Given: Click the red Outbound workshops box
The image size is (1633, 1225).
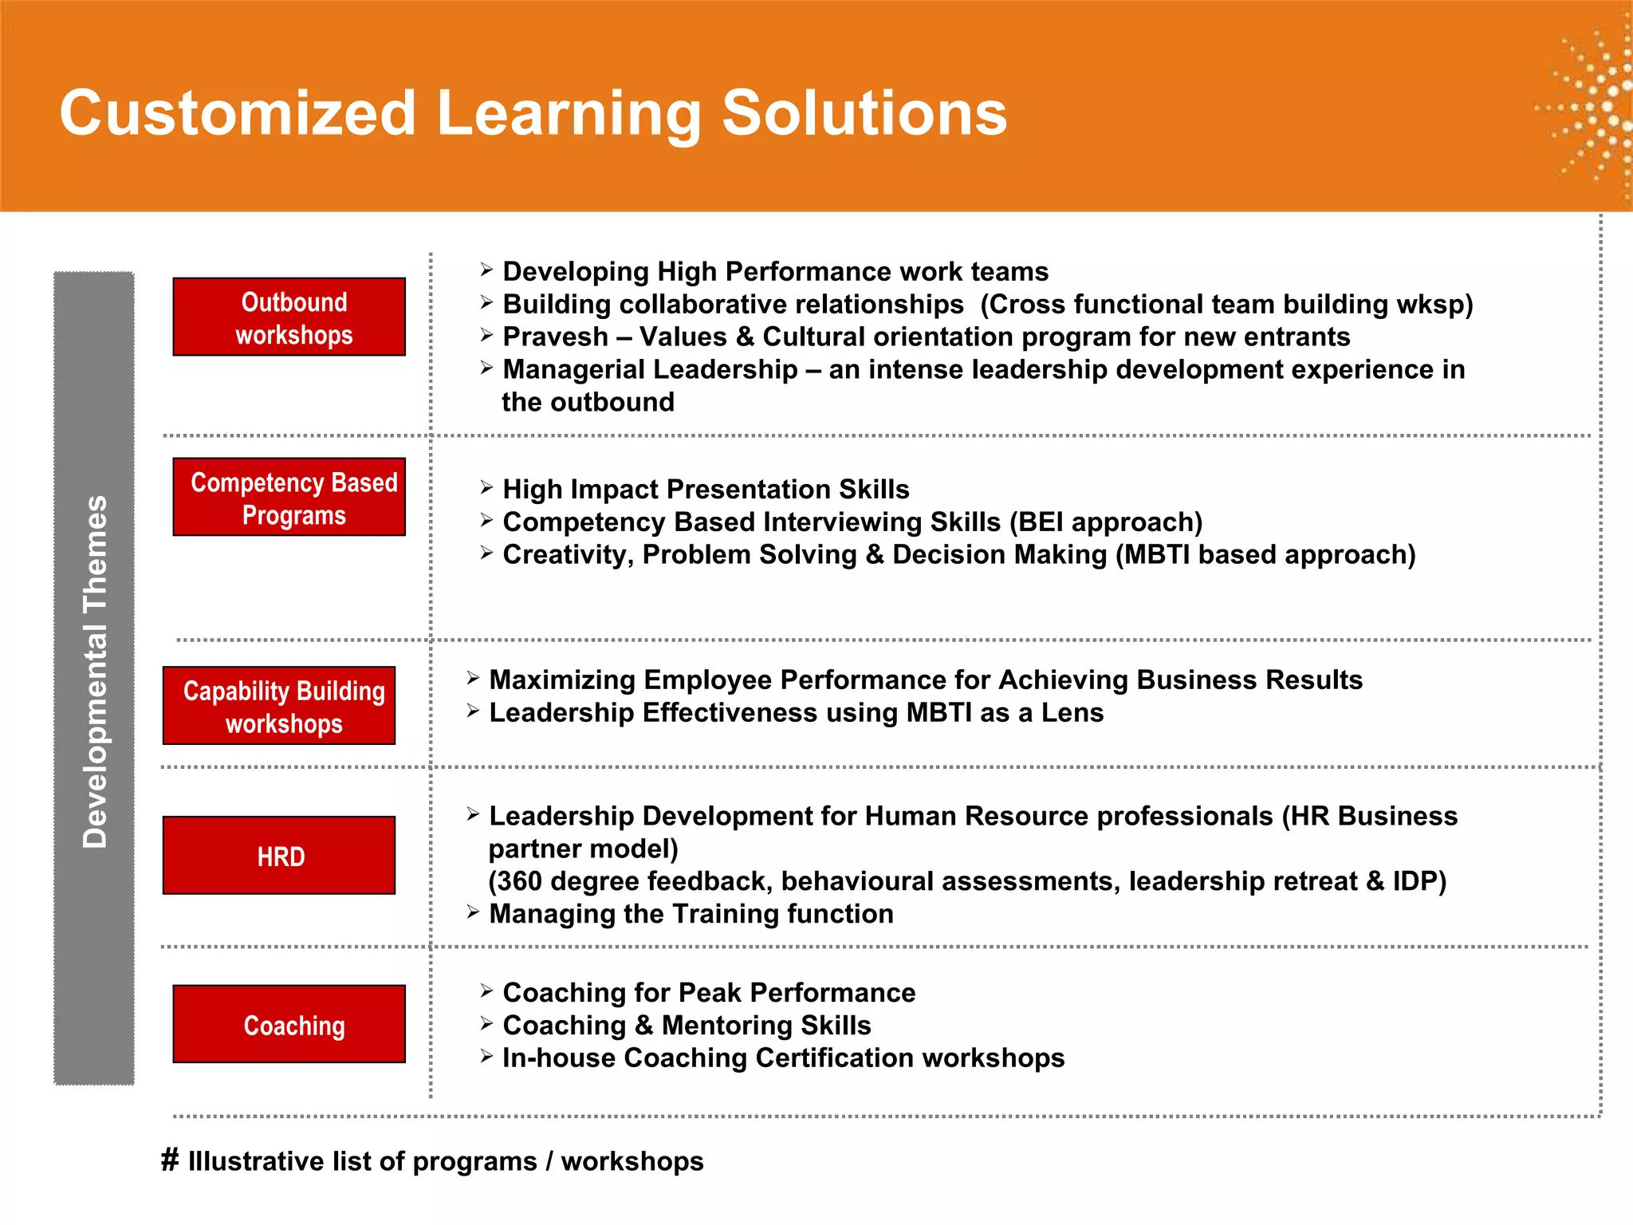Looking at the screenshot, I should tap(289, 317).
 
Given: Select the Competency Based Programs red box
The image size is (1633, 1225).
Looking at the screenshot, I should tap(289, 497).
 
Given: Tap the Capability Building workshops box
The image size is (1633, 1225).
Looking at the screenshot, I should tap(279, 706).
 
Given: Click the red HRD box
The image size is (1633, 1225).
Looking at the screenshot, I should tap(279, 855).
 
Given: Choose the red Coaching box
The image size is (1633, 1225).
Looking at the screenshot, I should tap(289, 1024).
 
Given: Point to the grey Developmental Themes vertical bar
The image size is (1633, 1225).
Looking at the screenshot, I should tap(94, 678).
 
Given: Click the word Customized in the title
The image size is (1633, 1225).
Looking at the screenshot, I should tap(238, 113).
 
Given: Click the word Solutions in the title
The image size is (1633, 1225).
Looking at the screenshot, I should tap(864, 113).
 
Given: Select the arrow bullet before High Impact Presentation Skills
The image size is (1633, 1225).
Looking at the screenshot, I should tap(486, 487).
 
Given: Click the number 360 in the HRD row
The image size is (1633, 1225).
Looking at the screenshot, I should tap(519, 881).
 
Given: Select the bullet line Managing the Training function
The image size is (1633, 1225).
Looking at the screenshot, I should tap(691, 914).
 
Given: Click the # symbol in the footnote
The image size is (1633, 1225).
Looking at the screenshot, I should tap(170, 1160).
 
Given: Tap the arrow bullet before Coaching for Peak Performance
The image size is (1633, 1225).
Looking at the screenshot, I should tap(486, 991).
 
